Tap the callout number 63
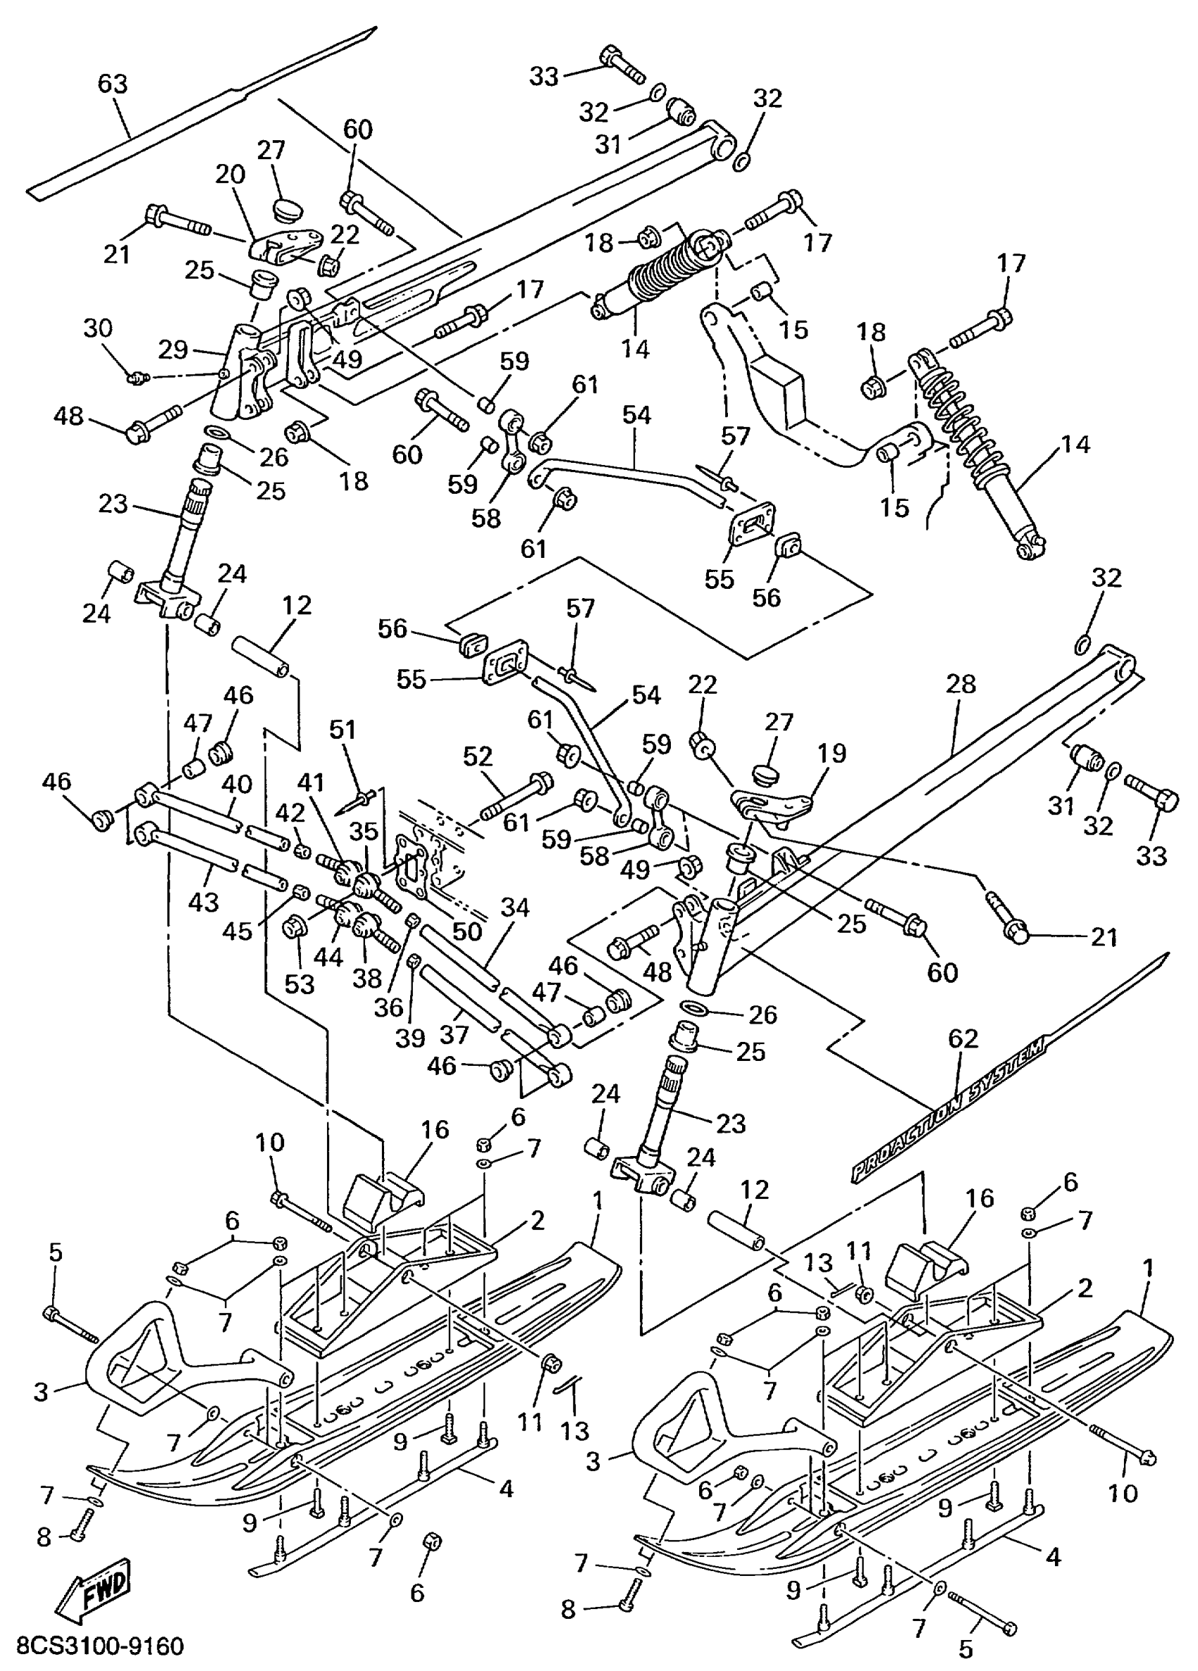pyautogui.click(x=113, y=84)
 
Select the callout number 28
pyautogui.click(x=960, y=685)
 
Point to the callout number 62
pyautogui.click(x=962, y=1038)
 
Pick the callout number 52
pyautogui.click(x=478, y=756)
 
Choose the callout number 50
pyautogui.click(x=466, y=931)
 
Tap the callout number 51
pyautogui.click(x=342, y=729)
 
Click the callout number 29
pyautogui.click(x=173, y=349)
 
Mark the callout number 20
pyautogui.click(x=230, y=175)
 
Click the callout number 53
pyautogui.click(x=299, y=983)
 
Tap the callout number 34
pyautogui.click(x=514, y=907)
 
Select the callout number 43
pyautogui.click(x=204, y=902)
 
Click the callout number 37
pyautogui.click(x=454, y=1034)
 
